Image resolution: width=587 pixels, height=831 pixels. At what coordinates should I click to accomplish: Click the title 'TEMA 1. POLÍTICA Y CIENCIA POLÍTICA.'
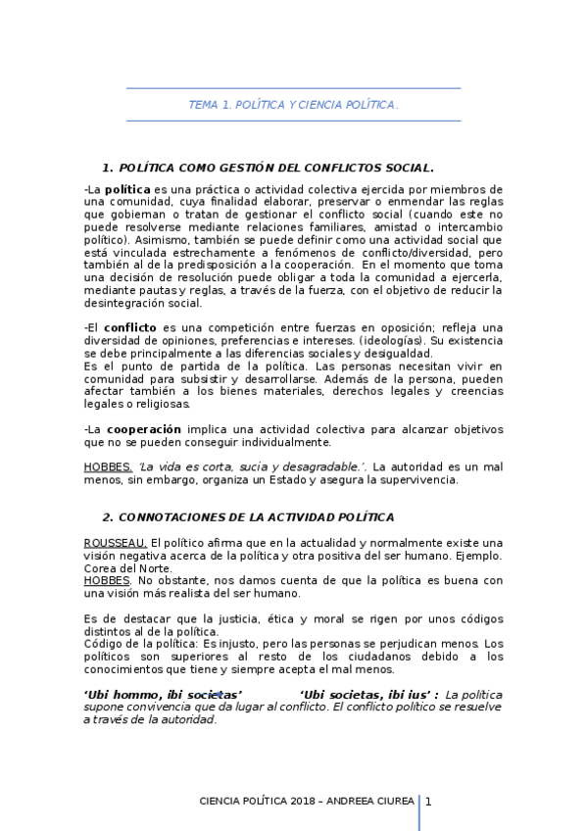click(293, 104)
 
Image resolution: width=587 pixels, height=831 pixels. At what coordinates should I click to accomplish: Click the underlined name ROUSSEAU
click(116, 542)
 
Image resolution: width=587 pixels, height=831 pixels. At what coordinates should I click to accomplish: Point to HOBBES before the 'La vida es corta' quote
click(108, 466)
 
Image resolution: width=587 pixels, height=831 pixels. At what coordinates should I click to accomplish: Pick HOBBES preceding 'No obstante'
click(107, 580)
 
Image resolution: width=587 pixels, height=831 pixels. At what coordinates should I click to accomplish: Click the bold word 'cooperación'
click(144, 429)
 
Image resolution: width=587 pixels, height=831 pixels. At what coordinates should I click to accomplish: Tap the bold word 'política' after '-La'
click(127, 188)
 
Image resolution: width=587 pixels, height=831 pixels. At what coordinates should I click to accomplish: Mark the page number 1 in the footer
click(428, 801)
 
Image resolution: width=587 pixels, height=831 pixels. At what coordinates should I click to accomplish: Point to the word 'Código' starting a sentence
click(104, 644)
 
